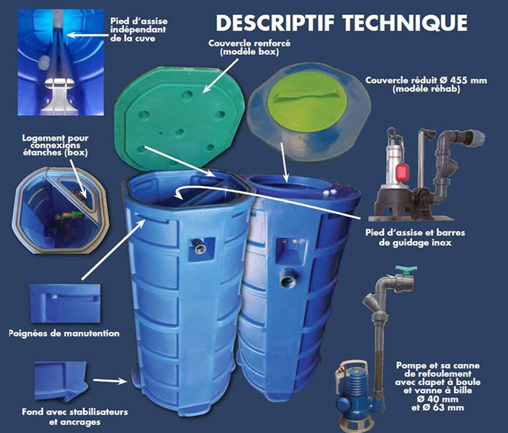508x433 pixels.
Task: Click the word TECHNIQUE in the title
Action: click(406, 22)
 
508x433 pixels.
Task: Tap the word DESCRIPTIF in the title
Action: click(275, 22)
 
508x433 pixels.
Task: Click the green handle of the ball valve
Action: click(406, 269)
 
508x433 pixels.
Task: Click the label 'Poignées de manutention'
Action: click(64, 334)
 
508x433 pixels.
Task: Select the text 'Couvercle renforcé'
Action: click(249, 43)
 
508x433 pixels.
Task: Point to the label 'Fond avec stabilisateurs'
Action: click(75, 412)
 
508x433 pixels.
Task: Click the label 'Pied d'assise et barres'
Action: click(415, 233)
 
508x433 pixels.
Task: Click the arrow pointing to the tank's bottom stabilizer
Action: click(110, 381)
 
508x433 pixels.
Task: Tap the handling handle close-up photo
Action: click(64, 303)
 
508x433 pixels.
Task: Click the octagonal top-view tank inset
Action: click(60, 210)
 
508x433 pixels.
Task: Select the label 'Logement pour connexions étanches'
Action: click(55, 145)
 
